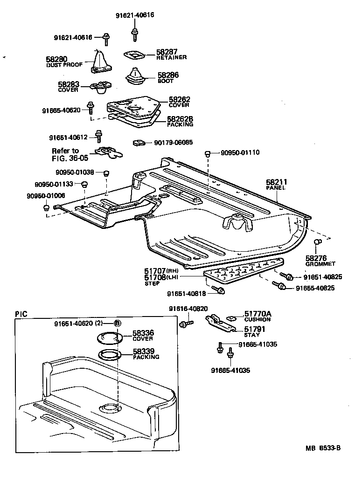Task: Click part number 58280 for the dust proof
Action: pos(56,59)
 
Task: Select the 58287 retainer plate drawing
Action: pos(134,55)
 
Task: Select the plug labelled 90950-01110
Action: pos(209,153)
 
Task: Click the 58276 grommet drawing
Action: pos(316,242)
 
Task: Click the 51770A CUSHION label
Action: pos(257,317)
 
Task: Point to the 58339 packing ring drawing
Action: pos(110,354)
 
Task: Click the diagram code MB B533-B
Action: pos(323,448)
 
